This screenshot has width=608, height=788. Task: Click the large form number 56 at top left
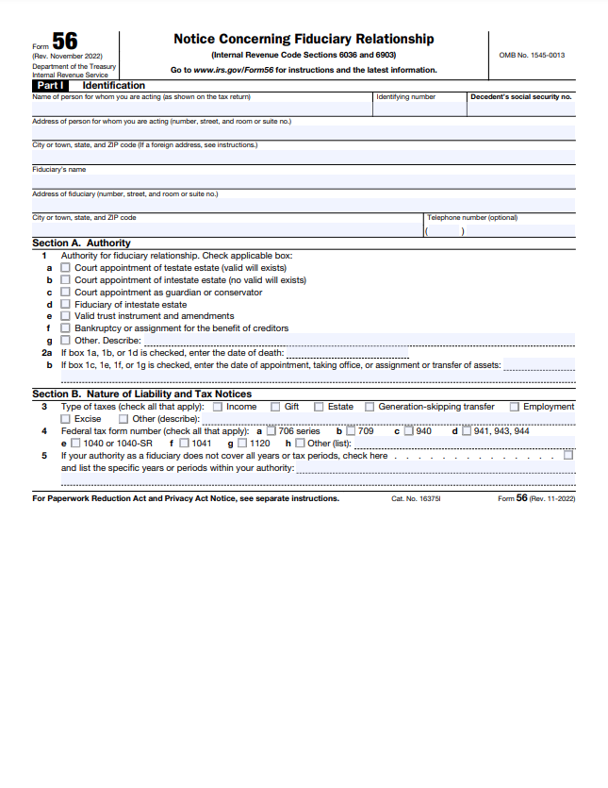[65, 42]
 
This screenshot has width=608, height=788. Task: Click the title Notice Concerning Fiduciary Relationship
[304, 39]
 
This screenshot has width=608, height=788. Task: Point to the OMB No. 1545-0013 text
[532, 56]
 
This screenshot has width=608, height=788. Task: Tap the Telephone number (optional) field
[500, 229]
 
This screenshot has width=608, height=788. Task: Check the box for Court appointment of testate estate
[66, 268]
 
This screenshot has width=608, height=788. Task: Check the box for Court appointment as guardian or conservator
[66, 293]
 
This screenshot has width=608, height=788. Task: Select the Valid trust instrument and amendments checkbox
[66, 316]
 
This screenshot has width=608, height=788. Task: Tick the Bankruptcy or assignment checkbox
[66, 328]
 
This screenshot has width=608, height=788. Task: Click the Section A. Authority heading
[81, 243]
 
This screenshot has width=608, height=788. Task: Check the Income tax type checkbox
[218, 407]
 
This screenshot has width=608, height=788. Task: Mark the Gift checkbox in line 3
[275, 407]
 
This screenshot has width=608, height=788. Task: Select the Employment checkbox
[515, 407]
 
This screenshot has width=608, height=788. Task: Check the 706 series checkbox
[271, 431]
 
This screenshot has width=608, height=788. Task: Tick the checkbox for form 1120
[242, 444]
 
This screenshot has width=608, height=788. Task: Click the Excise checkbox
[66, 419]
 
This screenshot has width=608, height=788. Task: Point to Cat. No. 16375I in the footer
[416, 498]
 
